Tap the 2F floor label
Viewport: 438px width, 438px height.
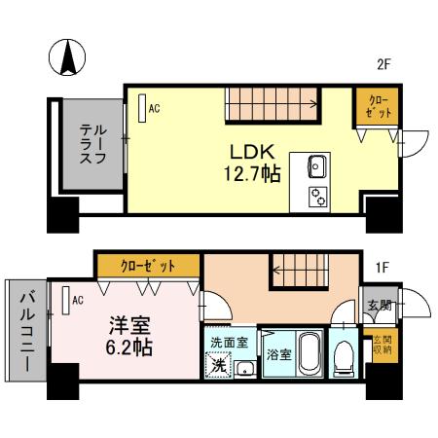click(383, 65)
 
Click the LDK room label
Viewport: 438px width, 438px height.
click(254, 153)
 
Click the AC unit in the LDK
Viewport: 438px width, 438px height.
click(142, 106)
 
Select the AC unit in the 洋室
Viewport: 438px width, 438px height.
click(65, 301)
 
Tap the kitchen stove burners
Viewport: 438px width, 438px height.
click(318, 196)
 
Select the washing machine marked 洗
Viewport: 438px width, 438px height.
click(221, 365)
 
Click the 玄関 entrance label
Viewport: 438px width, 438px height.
click(379, 305)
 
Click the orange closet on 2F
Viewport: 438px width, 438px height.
click(379, 107)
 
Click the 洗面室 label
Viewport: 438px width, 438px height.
click(230, 343)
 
